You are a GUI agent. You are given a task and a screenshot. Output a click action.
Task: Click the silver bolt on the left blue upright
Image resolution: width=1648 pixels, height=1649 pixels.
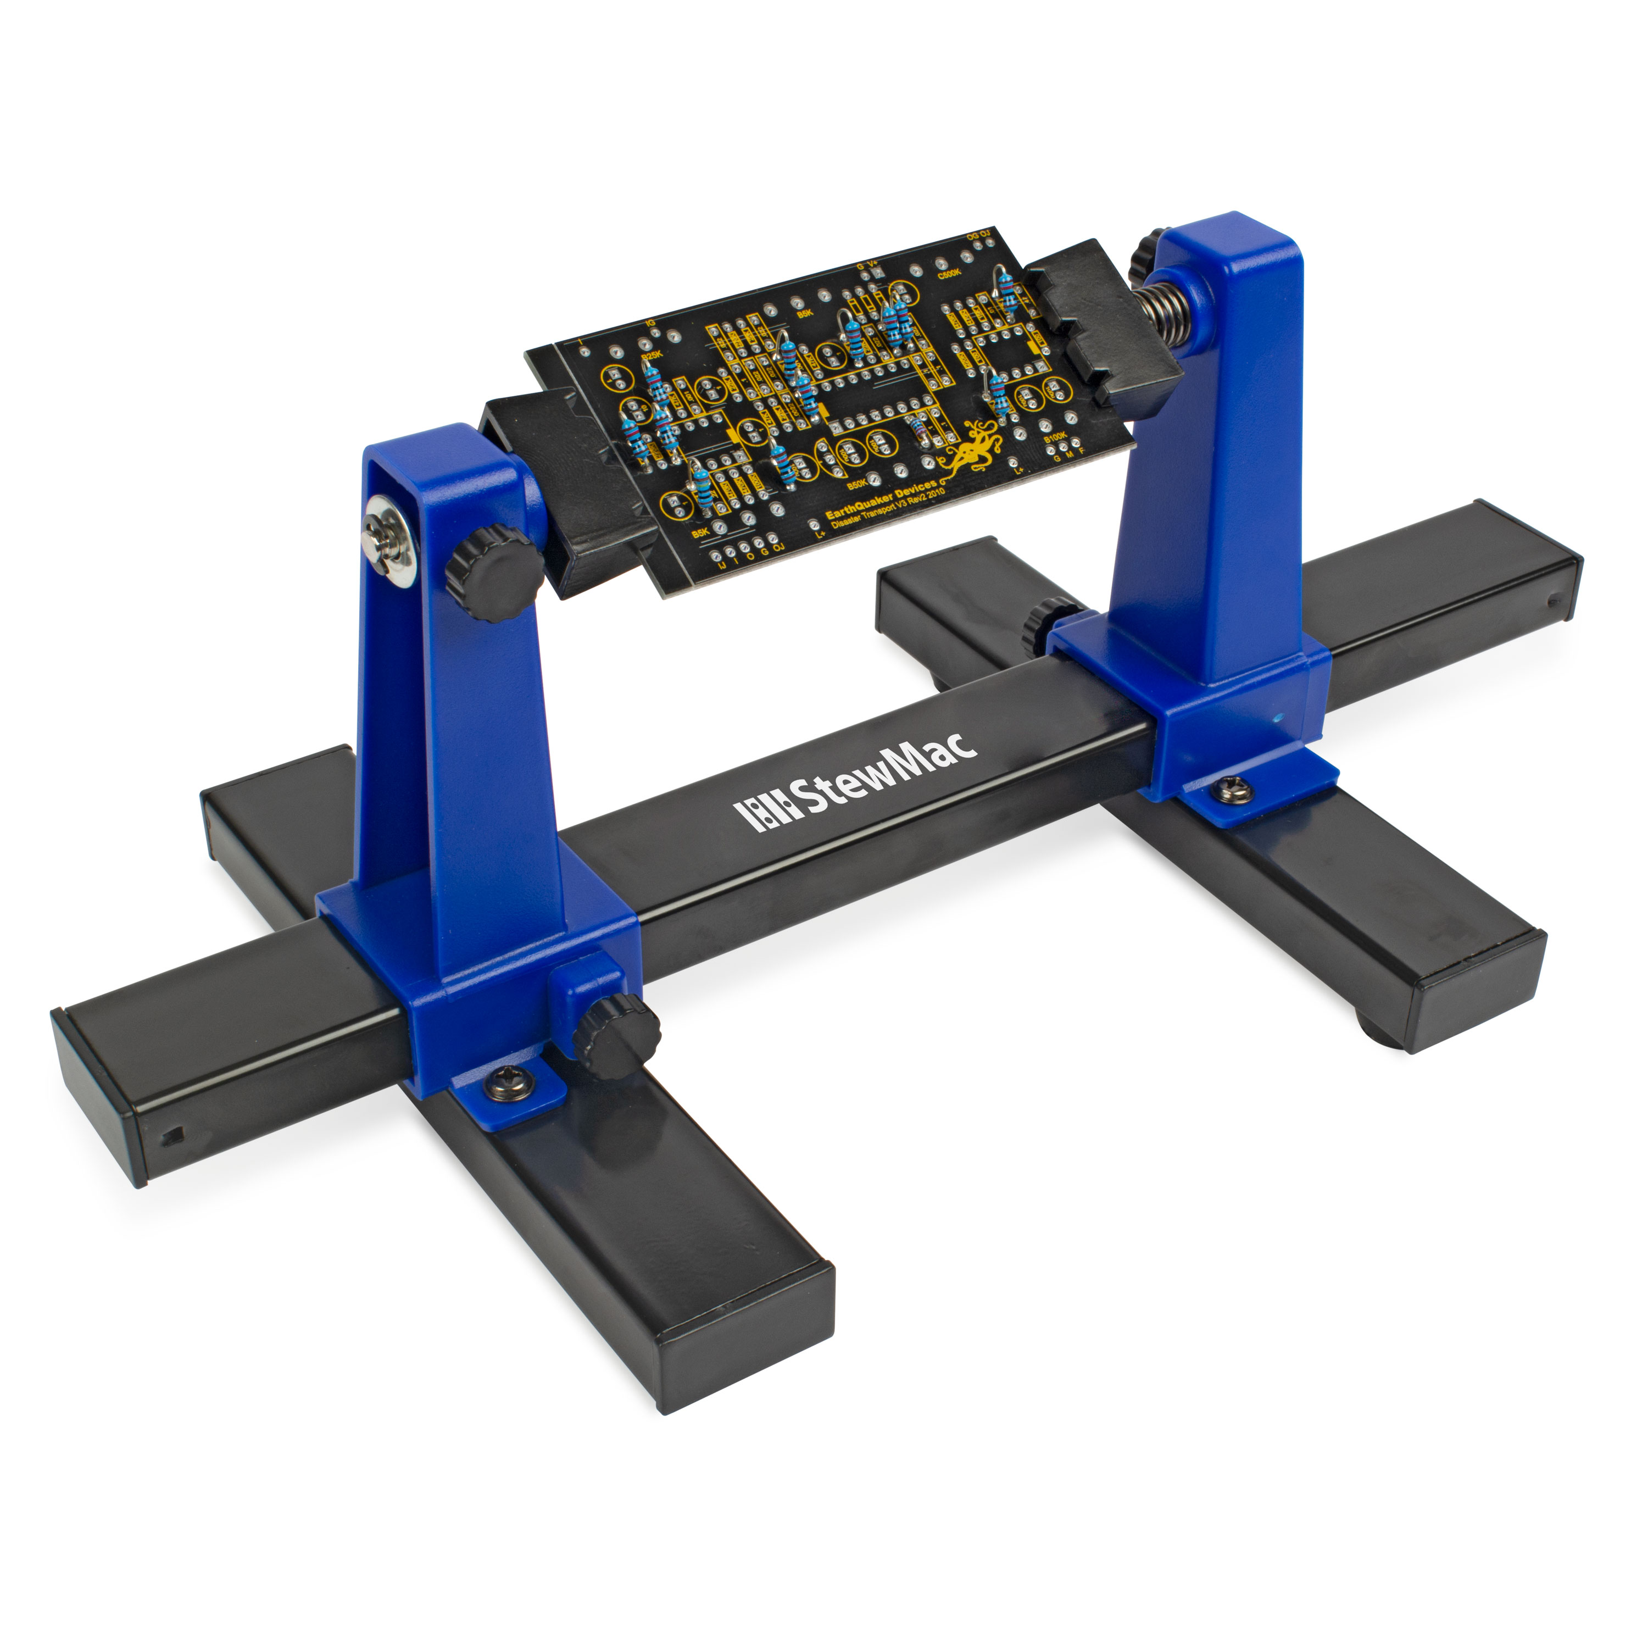pyautogui.click(x=388, y=538)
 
